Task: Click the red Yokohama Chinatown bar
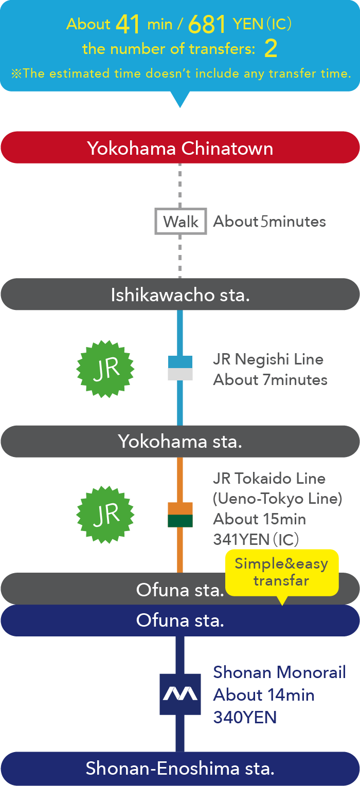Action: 180,148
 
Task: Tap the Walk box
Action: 181,222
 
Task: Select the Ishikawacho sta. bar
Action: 180,295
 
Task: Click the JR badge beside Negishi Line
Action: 105,368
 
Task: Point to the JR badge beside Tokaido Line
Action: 105,514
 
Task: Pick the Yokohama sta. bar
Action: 180,441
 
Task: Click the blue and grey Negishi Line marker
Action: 180,368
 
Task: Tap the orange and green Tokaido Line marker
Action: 180,515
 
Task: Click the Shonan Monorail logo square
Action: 180,694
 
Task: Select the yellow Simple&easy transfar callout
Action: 281,572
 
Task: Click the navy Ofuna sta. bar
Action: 180,620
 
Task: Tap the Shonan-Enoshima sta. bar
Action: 180,769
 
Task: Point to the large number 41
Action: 128,24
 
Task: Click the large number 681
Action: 207,24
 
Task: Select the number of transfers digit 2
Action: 271,49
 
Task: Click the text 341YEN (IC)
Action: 256,539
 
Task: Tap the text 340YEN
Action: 245,717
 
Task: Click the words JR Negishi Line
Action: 268,359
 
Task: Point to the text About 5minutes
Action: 269,222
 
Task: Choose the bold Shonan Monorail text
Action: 279,672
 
